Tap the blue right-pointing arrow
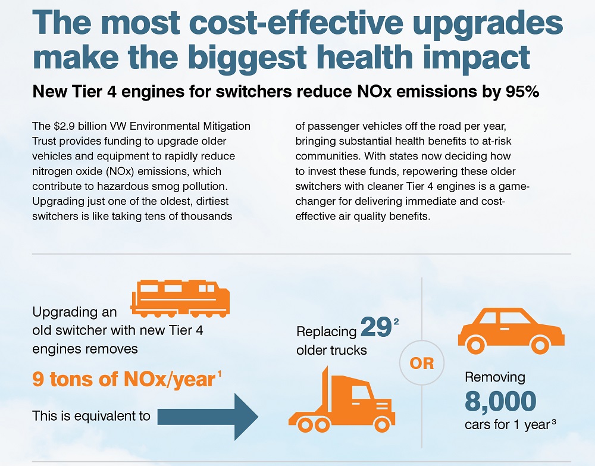point(208,415)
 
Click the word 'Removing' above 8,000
point(494,377)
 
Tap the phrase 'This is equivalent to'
point(91,415)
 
